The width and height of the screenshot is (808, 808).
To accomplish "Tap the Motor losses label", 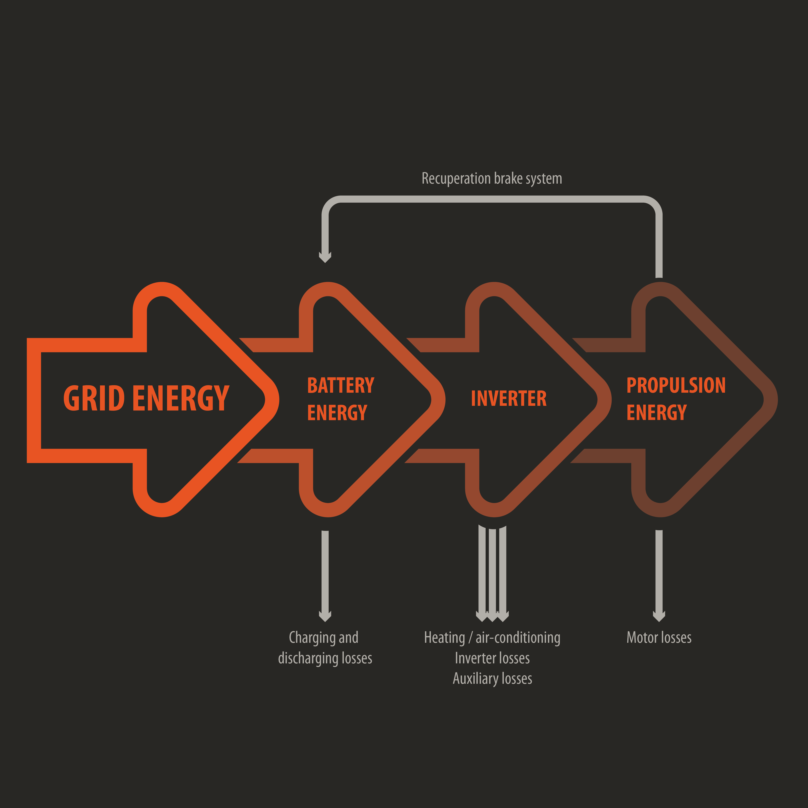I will coord(659,638).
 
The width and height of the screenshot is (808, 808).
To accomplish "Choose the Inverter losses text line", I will coord(492,658).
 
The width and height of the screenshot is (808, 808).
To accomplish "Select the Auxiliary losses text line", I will coord(492,678).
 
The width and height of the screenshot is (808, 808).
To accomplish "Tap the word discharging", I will coord(308,658).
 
